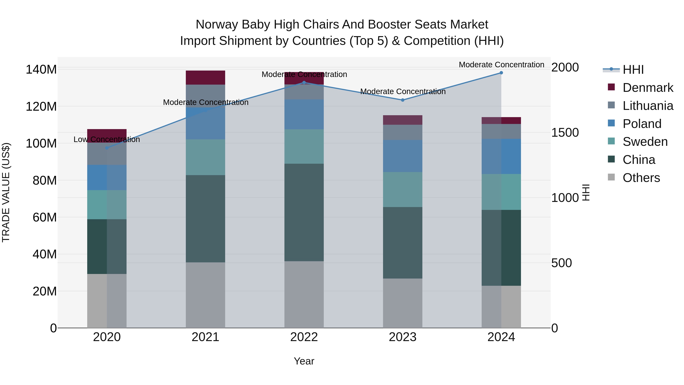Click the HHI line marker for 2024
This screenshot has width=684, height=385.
pyautogui.click(x=501, y=73)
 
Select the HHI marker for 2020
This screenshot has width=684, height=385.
pyautogui.click(x=107, y=148)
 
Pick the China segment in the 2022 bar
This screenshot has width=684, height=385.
pyautogui.click(x=304, y=212)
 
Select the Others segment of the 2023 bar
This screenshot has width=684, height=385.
pyautogui.click(x=403, y=303)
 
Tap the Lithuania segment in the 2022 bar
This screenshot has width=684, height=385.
pyautogui.click(x=304, y=92)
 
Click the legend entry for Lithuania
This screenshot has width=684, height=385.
pyautogui.click(x=648, y=106)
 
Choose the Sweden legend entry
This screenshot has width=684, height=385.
pyautogui.click(x=645, y=142)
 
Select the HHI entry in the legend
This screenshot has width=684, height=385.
pyautogui.click(x=633, y=70)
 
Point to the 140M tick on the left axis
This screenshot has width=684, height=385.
pyautogui.click(x=41, y=70)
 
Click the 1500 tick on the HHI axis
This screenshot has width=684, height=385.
pyautogui.click(x=565, y=133)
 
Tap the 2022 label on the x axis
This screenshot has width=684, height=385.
pyautogui.click(x=304, y=337)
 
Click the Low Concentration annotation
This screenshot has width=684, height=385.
pyautogui.click(x=107, y=140)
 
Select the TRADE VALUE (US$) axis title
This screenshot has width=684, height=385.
pyautogui.click(x=6, y=192)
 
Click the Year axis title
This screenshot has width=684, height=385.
pyautogui.click(x=304, y=361)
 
